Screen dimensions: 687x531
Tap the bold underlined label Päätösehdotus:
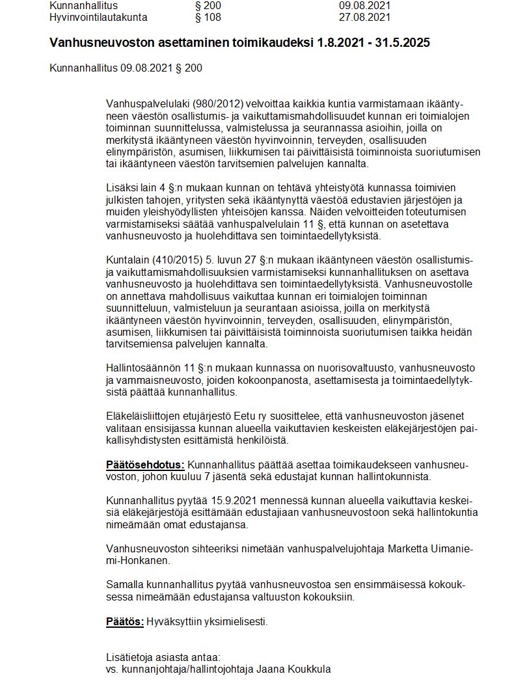(x=145, y=465)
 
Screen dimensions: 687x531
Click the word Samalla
(x=124, y=584)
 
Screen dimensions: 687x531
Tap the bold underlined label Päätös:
(x=125, y=621)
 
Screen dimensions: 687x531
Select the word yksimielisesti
(x=234, y=621)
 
